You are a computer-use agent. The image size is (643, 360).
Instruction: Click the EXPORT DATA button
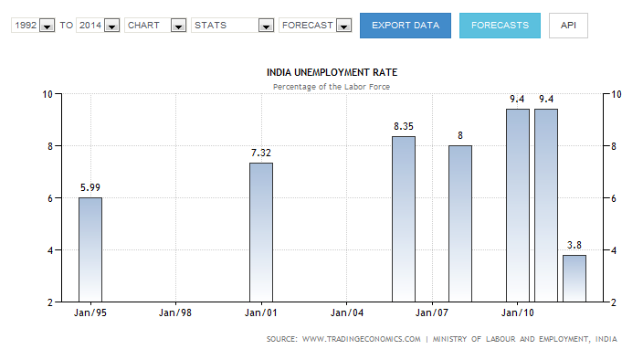pos(406,26)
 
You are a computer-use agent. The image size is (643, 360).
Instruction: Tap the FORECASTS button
pos(500,26)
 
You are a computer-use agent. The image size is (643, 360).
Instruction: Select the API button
pos(568,26)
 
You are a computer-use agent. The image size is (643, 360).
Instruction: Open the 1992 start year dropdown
pos(33,26)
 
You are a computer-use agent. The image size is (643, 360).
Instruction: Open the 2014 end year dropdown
pos(98,26)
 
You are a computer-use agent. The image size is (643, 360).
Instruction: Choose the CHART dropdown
pos(155,26)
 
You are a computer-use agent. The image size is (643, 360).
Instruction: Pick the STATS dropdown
pos(233,26)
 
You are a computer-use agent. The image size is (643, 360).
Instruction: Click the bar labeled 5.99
pos(90,249)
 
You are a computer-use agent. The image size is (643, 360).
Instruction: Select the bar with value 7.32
pos(261,232)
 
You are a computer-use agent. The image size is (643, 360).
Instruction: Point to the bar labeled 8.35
pos(404,219)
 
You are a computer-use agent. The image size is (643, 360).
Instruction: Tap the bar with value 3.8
pos(574,279)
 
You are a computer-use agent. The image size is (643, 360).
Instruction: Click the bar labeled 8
pos(460,224)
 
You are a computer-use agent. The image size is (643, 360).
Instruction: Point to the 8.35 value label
pos(404,126)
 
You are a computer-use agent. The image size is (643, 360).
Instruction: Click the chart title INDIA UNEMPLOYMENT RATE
pos(332,72)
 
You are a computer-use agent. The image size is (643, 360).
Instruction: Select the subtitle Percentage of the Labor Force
pos(332,87)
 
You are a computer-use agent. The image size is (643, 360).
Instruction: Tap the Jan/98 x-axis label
pos(175,312)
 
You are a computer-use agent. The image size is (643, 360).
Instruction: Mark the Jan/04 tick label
pos(347,312)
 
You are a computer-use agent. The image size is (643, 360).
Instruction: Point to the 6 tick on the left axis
pos(50,198)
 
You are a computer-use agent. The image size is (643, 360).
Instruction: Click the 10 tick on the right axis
pos(617,94)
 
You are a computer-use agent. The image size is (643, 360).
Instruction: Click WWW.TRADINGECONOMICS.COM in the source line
pos(362,339)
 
